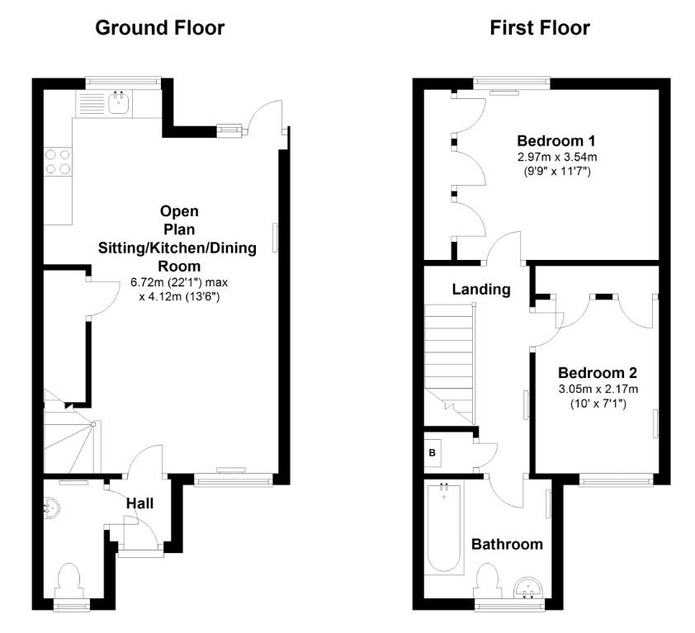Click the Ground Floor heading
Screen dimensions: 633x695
[x=159, y=27]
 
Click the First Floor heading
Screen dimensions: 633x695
[x=540, y=27]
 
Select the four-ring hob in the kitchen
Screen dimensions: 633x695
[x=57, y=161]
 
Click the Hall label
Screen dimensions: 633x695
[x=139, y=503]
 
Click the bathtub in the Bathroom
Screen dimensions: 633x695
[x=445, y=528]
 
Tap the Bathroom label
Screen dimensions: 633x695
[x=507, y=544]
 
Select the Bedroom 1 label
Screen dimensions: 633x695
[x=556, y=140]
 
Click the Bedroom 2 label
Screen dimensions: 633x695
[x=597, y=372]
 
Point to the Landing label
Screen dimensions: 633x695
[x=480, y=290]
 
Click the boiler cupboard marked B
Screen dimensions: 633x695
[x=432, y=453]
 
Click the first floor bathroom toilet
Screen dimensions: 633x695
[x=488, y=579]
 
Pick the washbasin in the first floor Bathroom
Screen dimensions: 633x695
[x=526, y=588]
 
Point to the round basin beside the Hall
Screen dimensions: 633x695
[x=51, y=507]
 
